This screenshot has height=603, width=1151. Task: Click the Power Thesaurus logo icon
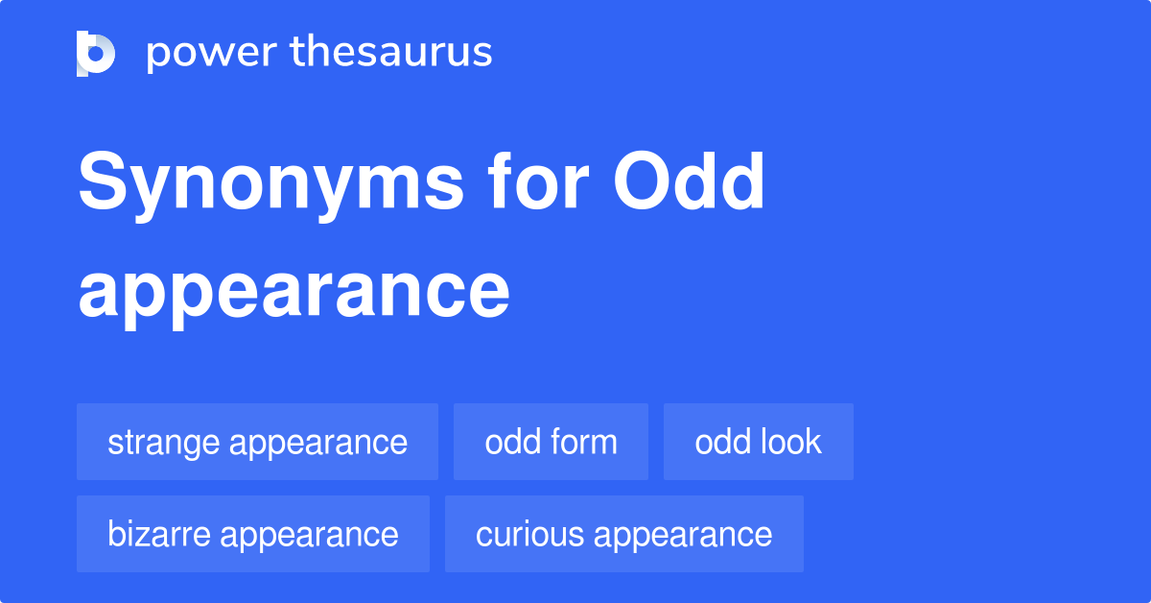click(x=96, y=53)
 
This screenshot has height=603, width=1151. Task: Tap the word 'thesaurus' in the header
click(x=392, y=53)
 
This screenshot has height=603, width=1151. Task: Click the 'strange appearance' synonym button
click(x=257, y=442)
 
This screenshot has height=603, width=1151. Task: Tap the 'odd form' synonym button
click(x=551, y=442)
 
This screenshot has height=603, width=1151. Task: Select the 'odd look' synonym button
click(x=758, y=442)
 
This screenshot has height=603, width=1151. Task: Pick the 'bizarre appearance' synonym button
click(x=253, y=534)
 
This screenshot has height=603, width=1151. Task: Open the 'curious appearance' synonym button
click(x=623, y=534)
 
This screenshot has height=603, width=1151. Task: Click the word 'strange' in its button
click(x=163, y=443)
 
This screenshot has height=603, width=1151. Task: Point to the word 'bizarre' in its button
click(x=161, y=534)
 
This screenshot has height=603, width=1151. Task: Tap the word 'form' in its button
click(x=584, y=442)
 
